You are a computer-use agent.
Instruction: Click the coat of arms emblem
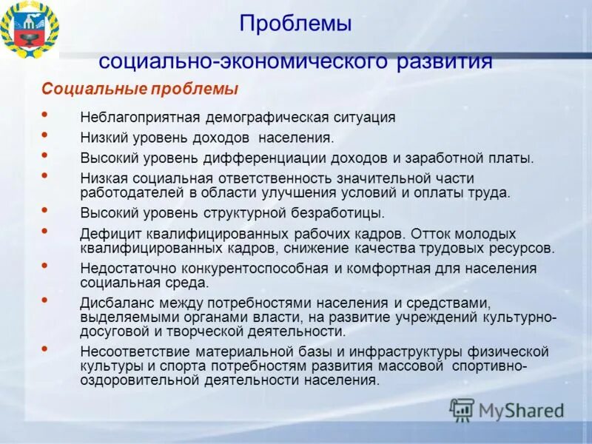coord(30,29)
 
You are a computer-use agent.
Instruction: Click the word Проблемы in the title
coord(295,24)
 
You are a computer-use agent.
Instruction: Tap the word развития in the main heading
coord(444,61)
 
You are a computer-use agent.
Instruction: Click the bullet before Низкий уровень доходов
coord(45,135)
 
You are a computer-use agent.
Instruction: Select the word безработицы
coord(340,213)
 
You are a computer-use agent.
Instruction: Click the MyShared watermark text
coord(521,410)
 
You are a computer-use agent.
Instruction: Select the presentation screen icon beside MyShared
coord(462,409)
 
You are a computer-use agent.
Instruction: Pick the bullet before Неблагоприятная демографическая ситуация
coord(45,115)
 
